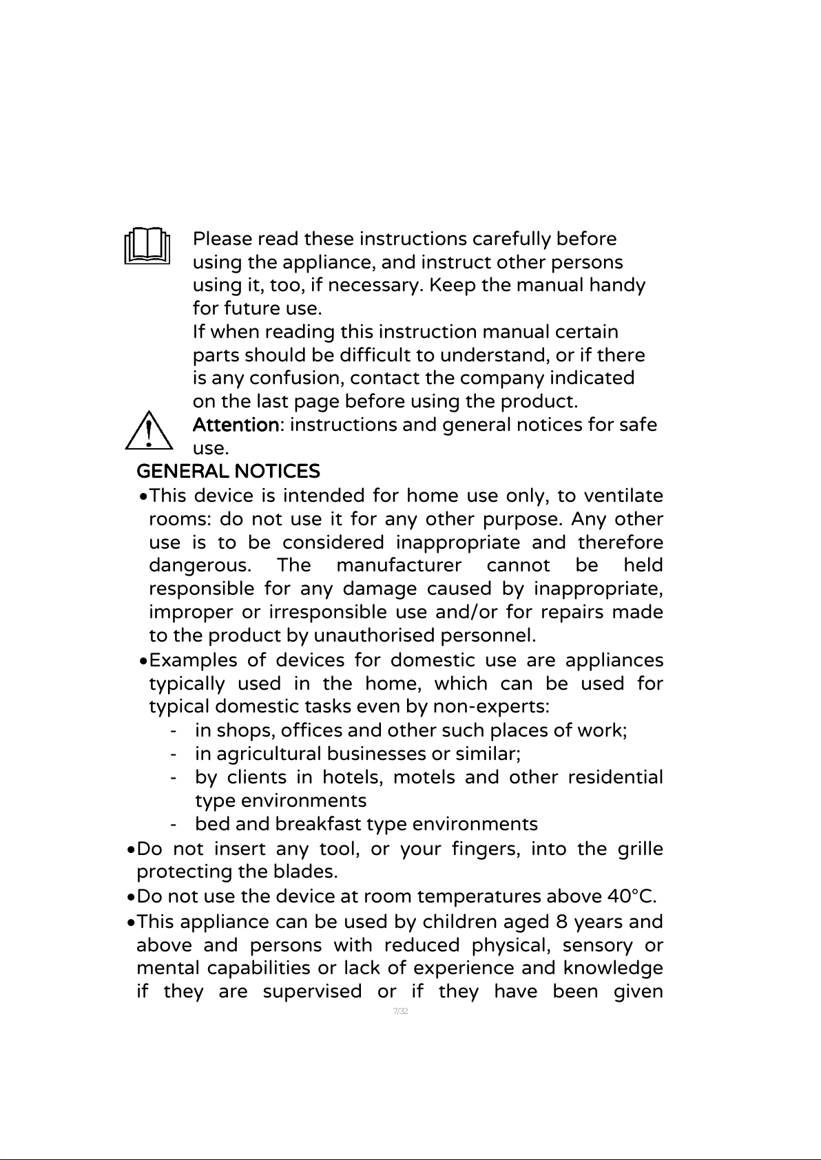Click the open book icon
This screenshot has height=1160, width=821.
tap(147, 245)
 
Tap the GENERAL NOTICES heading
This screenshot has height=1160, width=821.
tap(228, 472)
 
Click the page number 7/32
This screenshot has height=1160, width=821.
tap(400, 1011)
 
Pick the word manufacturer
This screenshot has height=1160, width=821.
tap(398, 566)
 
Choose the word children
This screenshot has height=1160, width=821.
tap(461, 921)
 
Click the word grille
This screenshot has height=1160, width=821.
tap(640, 848)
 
